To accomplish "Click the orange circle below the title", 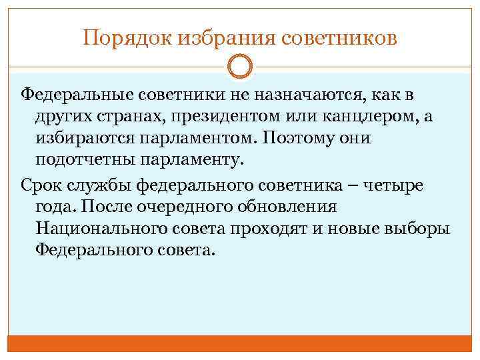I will (x=240, y=67).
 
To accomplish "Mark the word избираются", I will (x=89, y=139).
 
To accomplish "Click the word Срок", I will (x=41, y=184).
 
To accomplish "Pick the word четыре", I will (x=395, y=185).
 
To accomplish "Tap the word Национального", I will (x=101, y=229).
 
